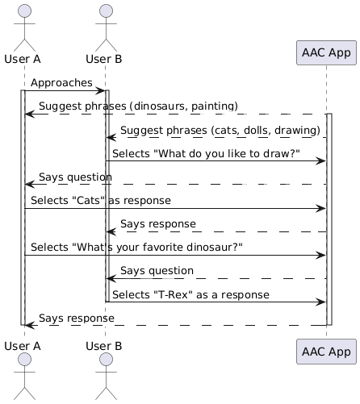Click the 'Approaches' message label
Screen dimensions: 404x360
pos(62,82)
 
